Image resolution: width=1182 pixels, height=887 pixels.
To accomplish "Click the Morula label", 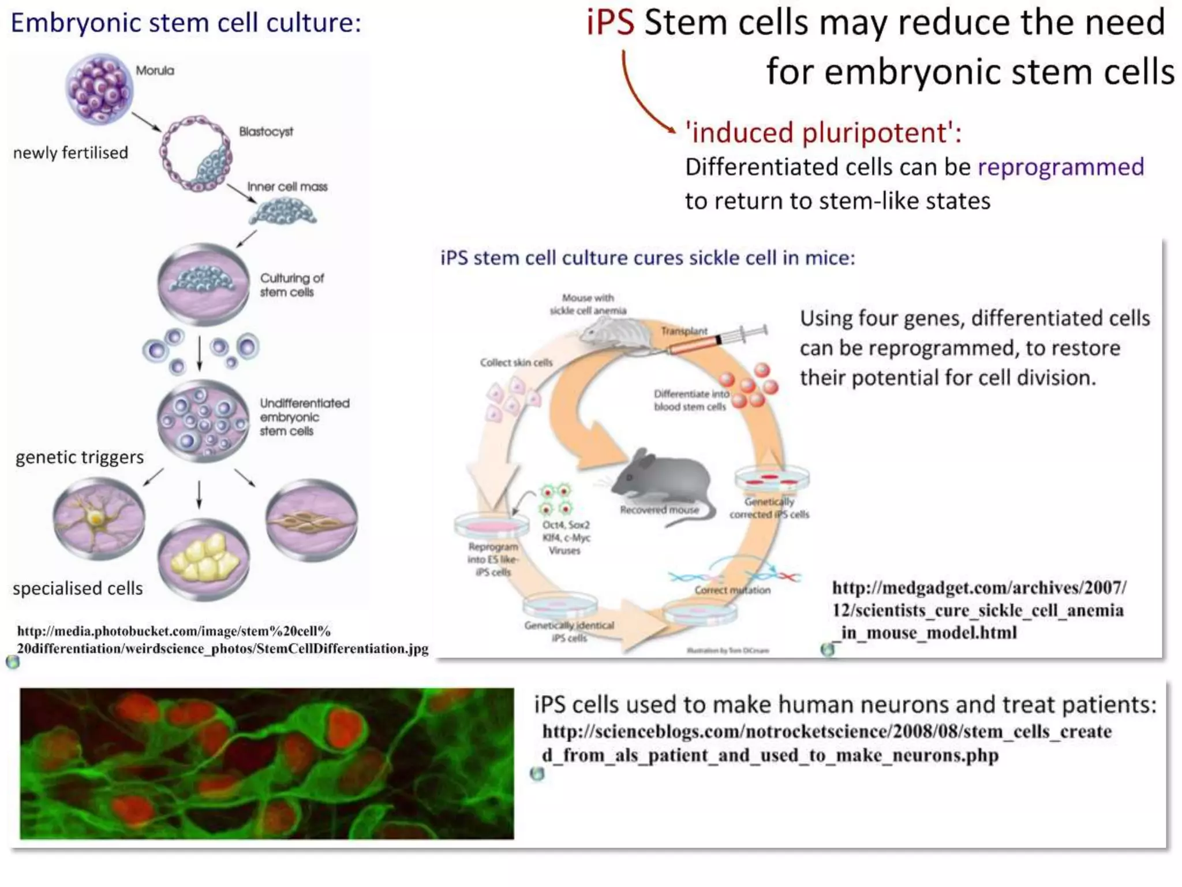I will [x=155, y=70].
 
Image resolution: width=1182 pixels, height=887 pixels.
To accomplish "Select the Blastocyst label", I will [x=266, y=132].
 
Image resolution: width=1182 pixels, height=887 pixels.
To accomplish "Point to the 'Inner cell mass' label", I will [x=287, y=187].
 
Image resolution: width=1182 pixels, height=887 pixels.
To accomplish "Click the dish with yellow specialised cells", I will [x=204, y=558].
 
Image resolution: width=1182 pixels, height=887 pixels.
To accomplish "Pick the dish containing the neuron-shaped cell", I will [x=99, y=518].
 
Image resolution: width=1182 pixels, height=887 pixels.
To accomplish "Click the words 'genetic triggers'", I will [x=80, y=457].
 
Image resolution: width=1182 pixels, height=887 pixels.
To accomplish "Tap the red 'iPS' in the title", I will [x=610, y=23].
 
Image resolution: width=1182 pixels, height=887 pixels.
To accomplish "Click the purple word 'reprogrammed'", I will [x=1060, y=167].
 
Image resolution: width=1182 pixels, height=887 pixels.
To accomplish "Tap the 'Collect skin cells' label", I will [x=516, y=363].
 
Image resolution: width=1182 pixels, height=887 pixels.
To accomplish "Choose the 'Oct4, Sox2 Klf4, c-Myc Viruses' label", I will [x=566, y=538].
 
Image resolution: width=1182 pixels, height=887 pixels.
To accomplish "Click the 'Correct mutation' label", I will [x=732, y=590].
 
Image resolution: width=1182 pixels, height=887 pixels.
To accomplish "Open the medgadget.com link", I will [x=978, y=610].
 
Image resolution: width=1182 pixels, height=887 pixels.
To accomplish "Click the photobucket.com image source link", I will [x=222, y=640].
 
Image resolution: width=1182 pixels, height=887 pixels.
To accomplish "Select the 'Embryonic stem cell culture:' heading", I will [x=186, y=23].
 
